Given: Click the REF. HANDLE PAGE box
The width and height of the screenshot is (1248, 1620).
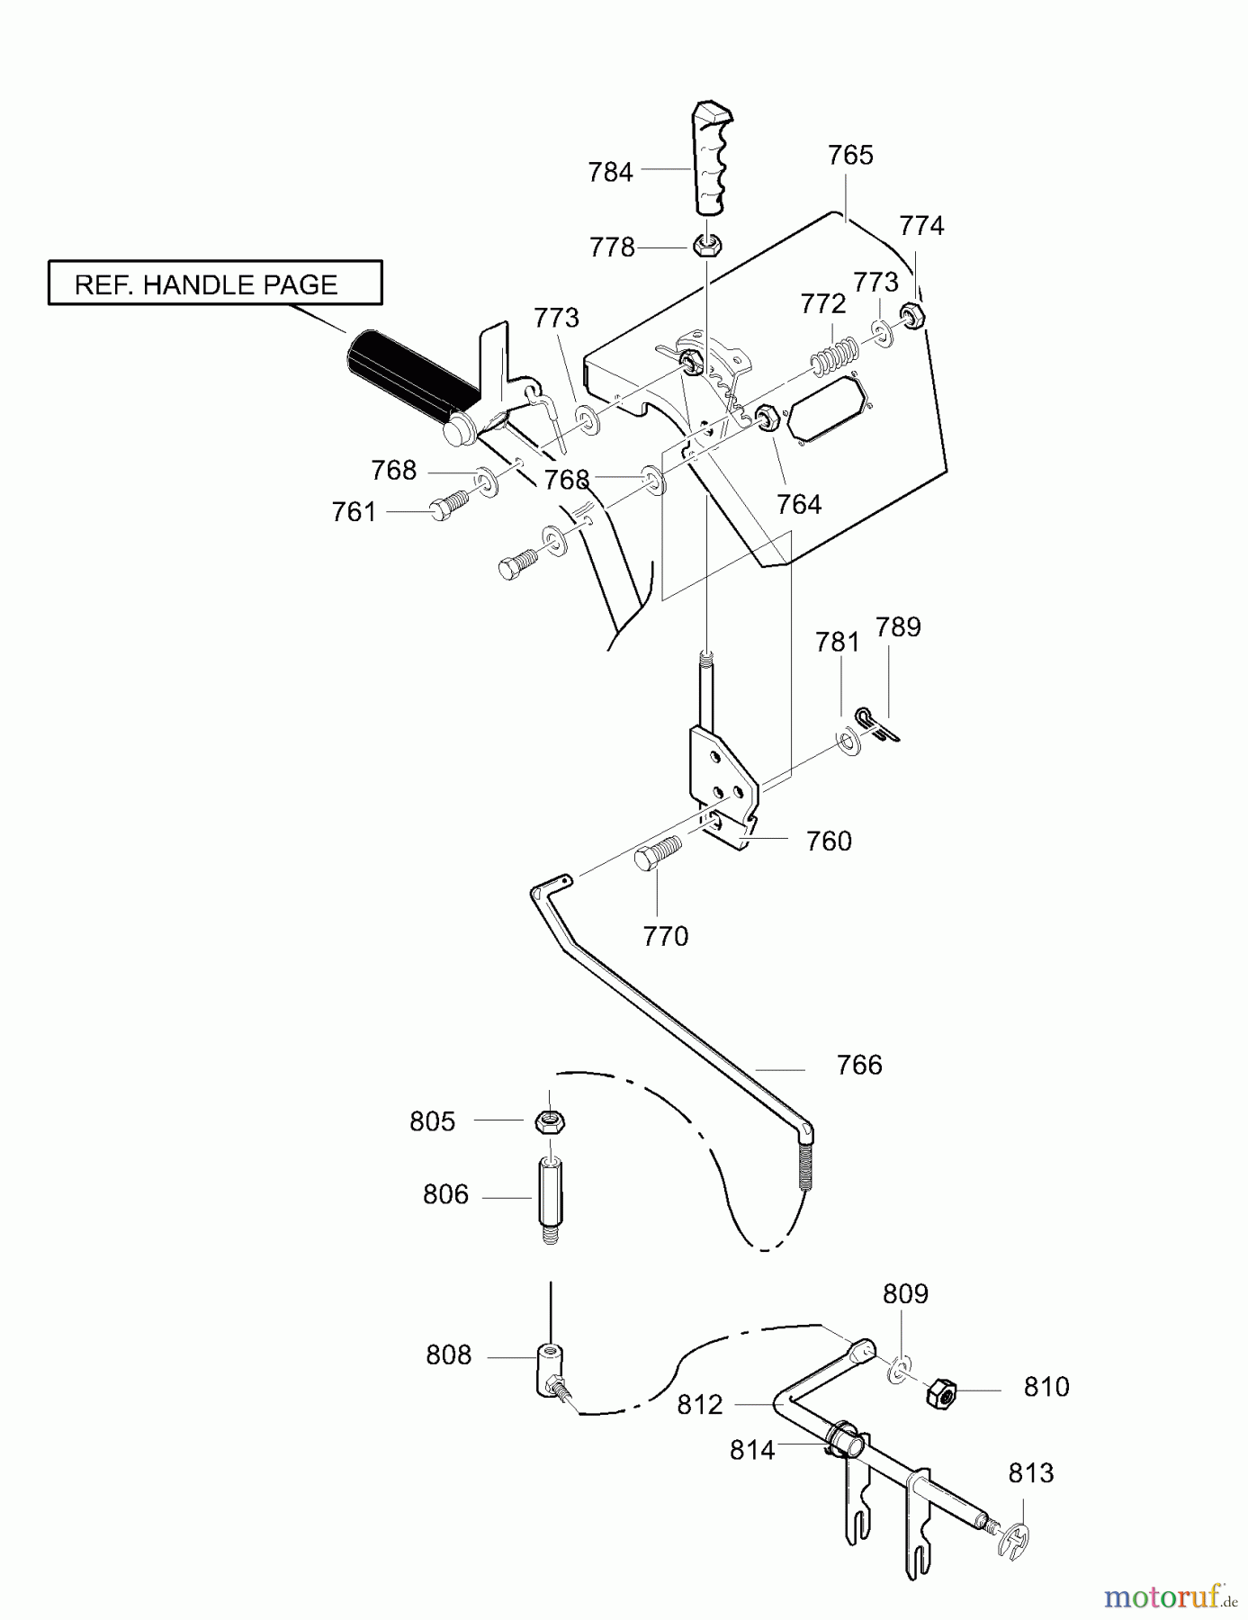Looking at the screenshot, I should (x=215, y=283).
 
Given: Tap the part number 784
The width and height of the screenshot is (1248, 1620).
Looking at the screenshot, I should (x=610, y=172).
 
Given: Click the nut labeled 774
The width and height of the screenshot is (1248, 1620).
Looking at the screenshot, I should (x=911, y=314).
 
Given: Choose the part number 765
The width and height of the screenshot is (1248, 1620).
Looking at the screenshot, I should (x=850, y=155).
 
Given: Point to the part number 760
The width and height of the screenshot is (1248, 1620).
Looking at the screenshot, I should (x=829, y=841).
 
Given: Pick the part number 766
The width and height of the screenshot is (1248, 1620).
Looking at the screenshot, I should (x=859, y=1065).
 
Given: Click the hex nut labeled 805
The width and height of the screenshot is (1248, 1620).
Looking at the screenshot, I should (x=549, y=1121).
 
